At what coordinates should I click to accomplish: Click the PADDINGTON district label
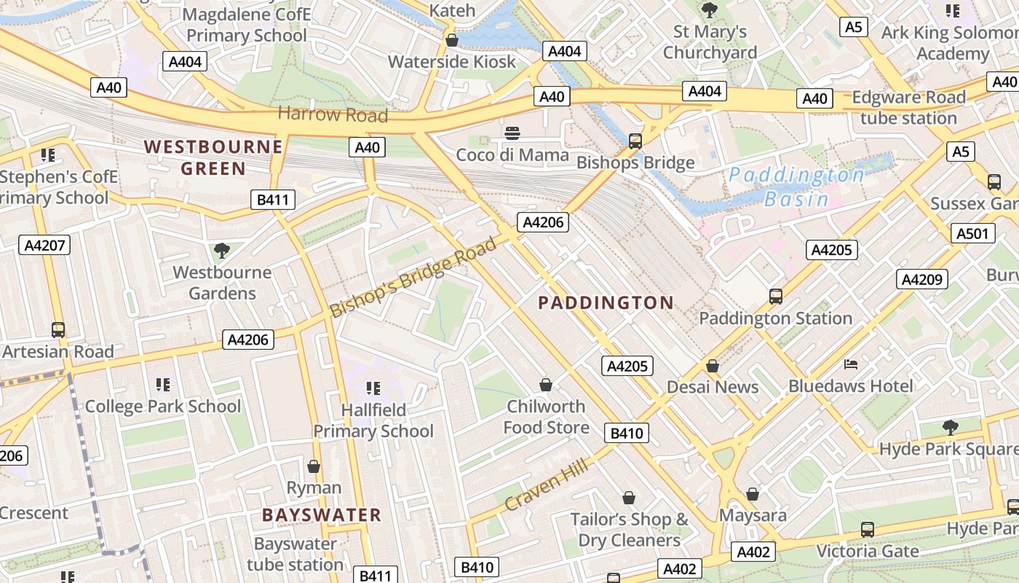(x=606, y=303)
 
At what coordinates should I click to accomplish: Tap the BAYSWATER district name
(x=322, y=515)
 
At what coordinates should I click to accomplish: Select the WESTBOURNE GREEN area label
(x=213, y=157)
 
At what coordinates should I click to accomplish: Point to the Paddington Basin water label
(x=796, y=187)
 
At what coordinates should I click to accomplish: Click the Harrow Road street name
(x=333, y=114)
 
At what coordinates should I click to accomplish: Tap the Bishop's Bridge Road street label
(x=413, y=277)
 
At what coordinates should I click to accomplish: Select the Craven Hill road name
(x=545, y=485)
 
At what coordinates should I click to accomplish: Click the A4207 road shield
(x=44, y=245)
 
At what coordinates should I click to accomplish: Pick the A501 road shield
(x=973, y=233)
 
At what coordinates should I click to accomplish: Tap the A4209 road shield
(x=922, y=279)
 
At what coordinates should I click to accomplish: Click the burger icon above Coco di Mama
(x=512, y=133)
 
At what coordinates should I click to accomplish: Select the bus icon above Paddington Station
(x=776, y=297)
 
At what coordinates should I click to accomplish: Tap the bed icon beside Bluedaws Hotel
(x=851, y=364)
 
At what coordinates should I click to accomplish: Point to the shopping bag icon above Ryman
(x=314, y=466)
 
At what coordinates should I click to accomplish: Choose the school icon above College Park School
(x=163, y=384)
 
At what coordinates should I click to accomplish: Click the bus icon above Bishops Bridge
(x=635, y=141)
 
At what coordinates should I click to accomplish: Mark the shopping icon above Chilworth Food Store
(x=546, y=385)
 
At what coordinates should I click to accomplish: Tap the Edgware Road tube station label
(x=908, y=108)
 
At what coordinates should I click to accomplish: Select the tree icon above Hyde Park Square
(x=950, y=427)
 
